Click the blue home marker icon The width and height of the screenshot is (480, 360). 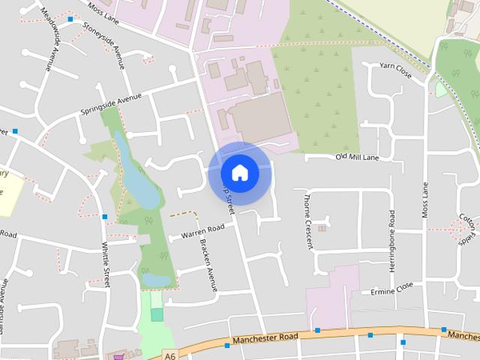point(239,172)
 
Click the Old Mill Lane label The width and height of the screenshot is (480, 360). point(357,157)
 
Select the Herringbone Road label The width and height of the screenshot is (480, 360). point(391,235)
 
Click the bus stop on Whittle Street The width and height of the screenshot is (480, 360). point(104,217)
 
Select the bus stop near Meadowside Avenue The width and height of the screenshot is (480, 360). point(70,19)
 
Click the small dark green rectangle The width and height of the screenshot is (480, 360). point(157,314)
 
